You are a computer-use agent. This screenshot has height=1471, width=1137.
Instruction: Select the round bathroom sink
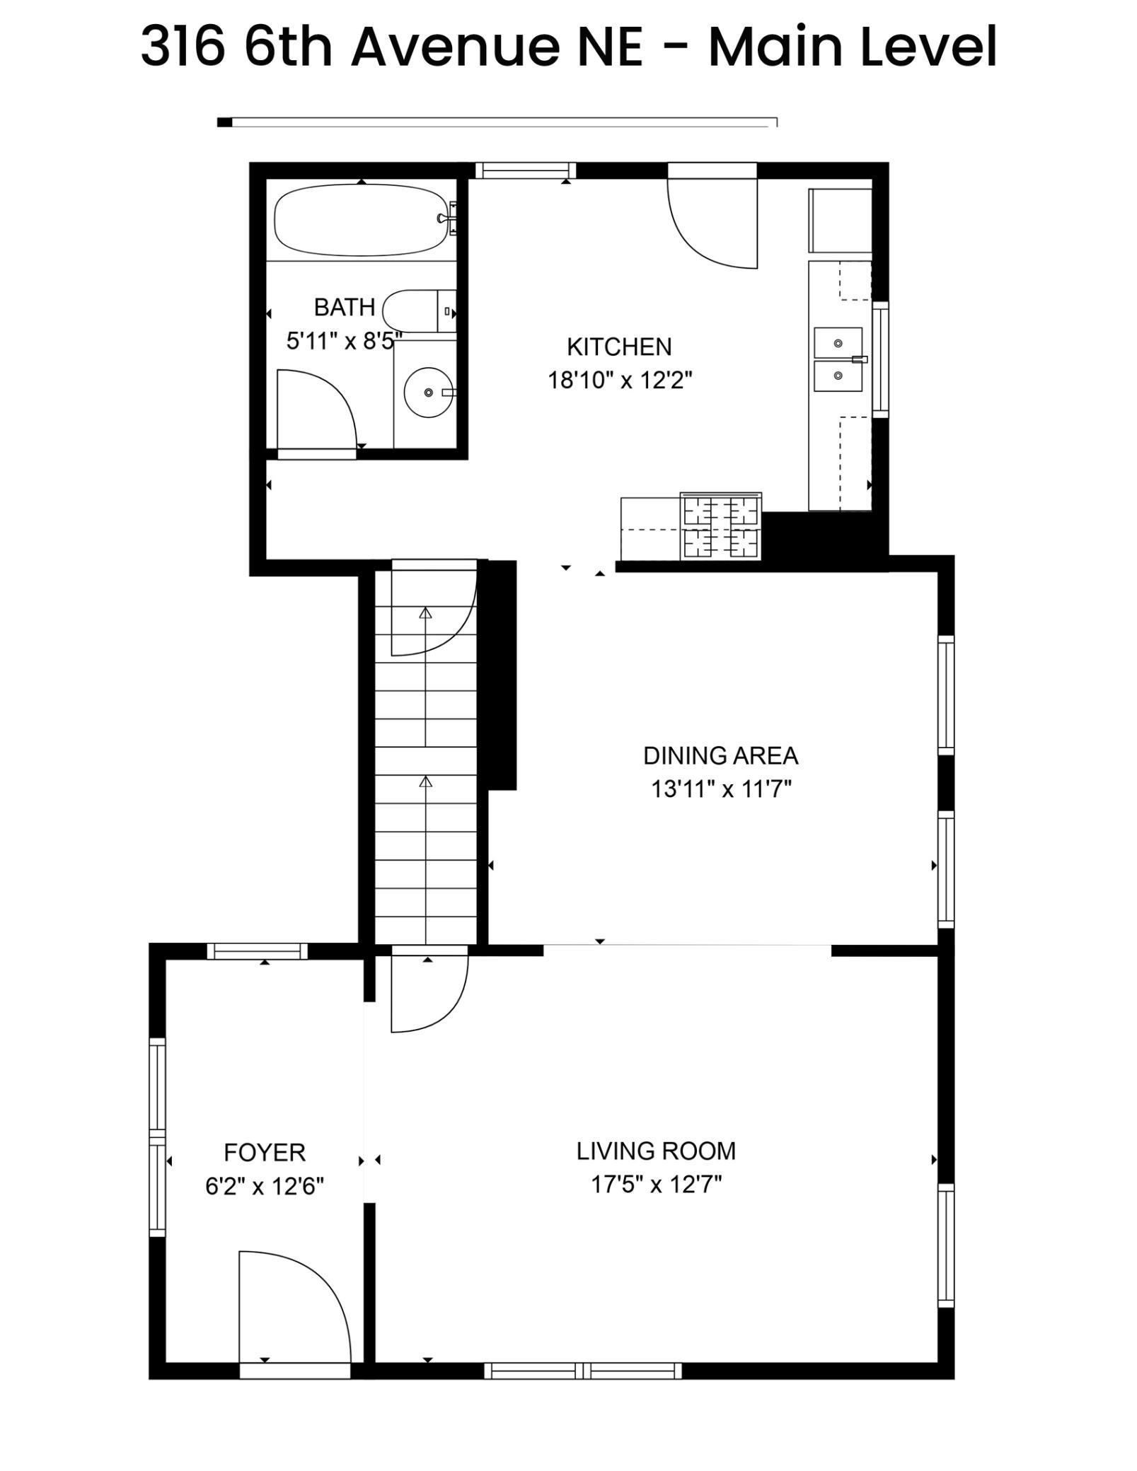coord(427,392)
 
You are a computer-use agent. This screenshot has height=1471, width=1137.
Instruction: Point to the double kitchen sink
coord(838,359)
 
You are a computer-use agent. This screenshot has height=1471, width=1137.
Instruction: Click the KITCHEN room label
coord(619,347)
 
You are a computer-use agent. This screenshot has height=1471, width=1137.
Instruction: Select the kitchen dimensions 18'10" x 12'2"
coord(619,380)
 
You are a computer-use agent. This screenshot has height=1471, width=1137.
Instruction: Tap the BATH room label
coord(344,307)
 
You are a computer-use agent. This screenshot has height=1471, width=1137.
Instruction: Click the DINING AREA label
coord(720,755)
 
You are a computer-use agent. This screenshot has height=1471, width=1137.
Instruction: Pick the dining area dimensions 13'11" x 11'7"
coord(720,788)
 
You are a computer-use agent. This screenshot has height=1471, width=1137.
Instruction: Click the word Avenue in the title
coord(496,47)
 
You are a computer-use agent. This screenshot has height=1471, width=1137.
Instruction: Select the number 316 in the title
coord(183,47)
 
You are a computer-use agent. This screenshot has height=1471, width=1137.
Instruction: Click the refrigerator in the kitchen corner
coord(840,220)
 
